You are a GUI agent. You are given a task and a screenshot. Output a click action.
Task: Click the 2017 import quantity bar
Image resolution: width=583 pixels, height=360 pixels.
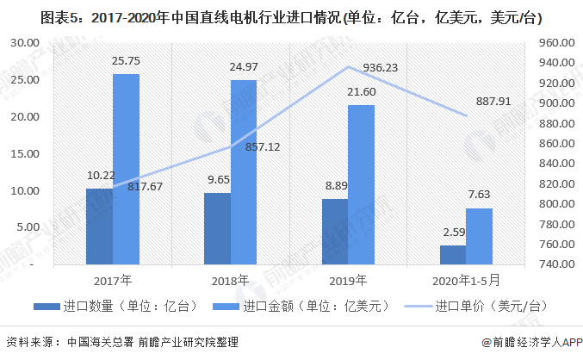pyautogui.click(x=99, y=226)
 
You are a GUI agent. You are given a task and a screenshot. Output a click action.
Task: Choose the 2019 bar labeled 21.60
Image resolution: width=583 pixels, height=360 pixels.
pyautogui.click(x=361, y=184)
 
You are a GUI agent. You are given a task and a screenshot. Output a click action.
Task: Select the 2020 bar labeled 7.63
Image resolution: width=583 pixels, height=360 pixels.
pyautogui.click(x=479, y=236)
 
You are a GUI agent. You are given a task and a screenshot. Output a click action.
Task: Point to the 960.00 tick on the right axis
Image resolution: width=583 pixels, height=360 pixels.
pyautogui.click(x=555, y=42)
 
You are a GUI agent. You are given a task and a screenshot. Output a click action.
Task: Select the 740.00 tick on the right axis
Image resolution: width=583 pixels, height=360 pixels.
pyautogui.click(x=555, y=264)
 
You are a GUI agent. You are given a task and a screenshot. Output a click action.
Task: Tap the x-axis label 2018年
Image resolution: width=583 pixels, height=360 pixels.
pyautogui.click(x=230, y=280)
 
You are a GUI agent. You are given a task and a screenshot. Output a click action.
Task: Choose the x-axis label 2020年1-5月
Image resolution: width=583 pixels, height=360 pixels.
pyautogui.click(x=465, y=280)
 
